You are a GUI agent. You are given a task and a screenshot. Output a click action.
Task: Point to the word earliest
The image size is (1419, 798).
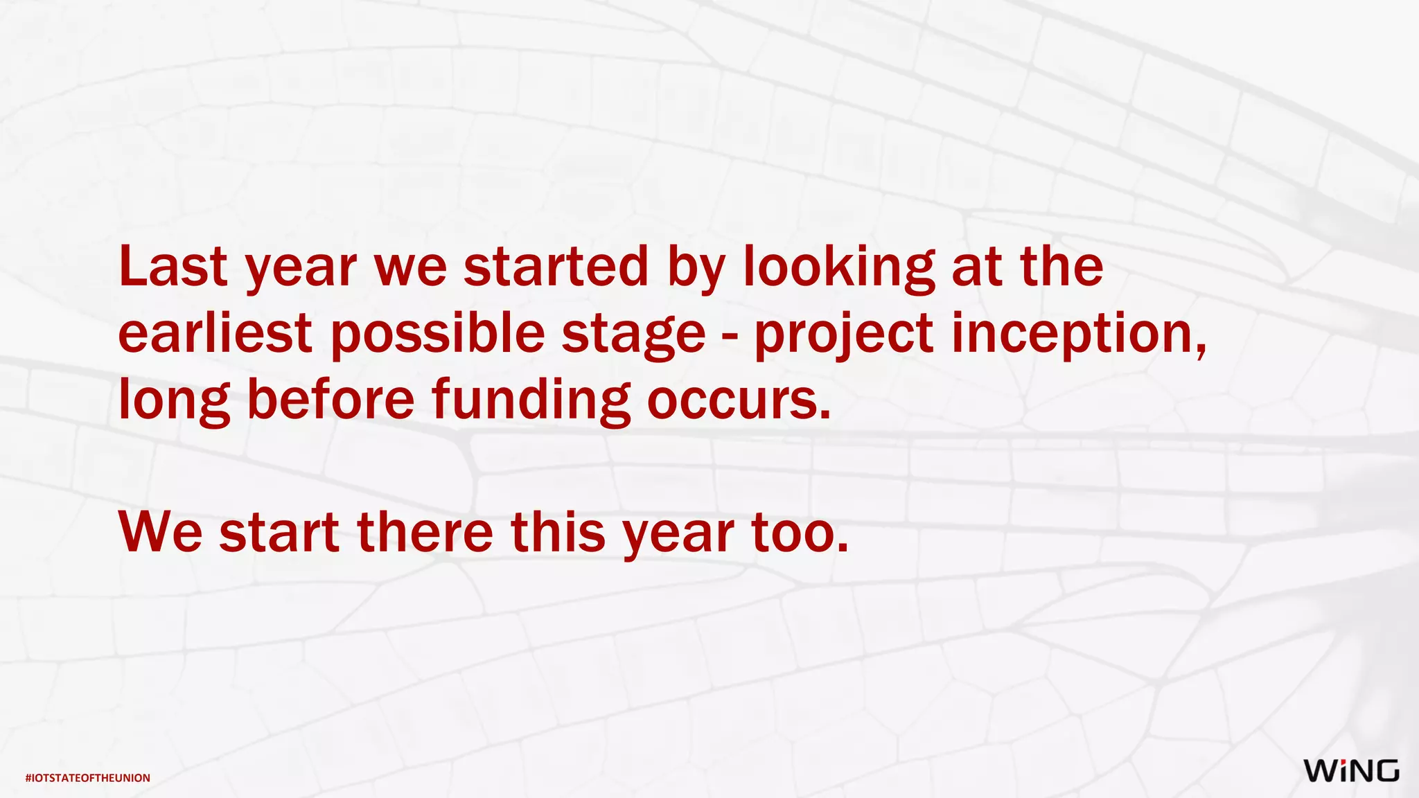tap(215, 333)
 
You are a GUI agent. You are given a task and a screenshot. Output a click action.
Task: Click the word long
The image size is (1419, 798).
tap(174, 401)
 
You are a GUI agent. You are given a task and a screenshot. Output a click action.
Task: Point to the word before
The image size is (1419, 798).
tap(330, 400)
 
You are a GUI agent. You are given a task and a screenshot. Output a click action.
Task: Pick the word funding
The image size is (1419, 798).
tap(531, 401)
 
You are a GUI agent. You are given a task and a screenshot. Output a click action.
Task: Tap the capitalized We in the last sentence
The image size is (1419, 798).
tap(161, 533)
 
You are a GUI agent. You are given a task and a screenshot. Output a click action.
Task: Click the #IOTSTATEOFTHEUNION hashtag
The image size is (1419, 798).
tap(88, 778)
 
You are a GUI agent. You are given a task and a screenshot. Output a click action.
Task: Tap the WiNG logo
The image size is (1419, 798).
tap(1351, 771)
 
